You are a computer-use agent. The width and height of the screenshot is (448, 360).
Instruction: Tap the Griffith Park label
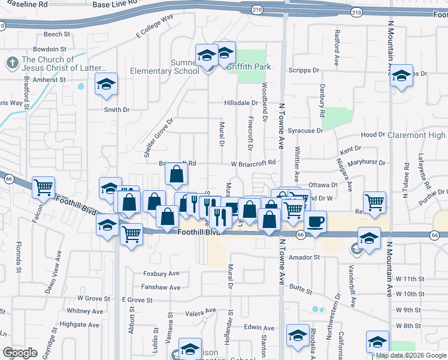coord(249,67)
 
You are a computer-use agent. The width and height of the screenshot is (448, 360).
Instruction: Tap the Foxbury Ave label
coord(162,274)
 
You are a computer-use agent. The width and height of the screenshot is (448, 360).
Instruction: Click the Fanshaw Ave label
coord(161,287)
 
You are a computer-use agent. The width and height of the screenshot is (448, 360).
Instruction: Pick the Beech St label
coord(57,35)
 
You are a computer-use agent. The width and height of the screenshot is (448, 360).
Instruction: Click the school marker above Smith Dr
coord(106,85)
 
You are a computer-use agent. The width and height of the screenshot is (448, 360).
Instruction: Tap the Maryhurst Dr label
coord(366,162)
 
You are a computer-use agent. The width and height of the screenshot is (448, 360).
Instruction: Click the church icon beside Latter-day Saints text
coord(11,64)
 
